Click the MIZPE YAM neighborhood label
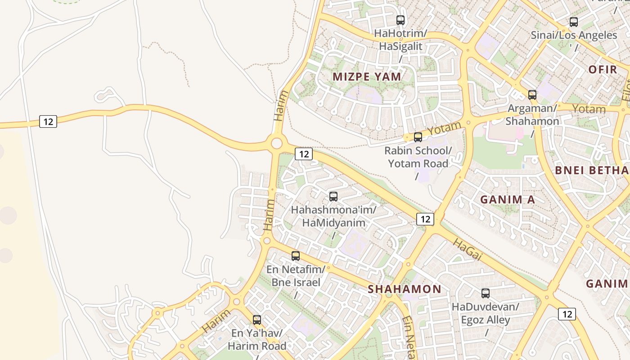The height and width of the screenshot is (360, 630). (x=367, y=76)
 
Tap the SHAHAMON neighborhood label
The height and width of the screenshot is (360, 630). (x=405, y=289)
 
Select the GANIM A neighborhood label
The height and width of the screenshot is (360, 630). (x=508, y=199)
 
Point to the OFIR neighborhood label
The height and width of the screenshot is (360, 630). (x=603, y=70)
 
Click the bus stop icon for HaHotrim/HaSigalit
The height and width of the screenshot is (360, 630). (x=400, y=20)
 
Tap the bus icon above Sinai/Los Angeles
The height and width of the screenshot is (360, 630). (x=574, y=22)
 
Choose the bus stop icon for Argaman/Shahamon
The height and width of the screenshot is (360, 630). (x=532, y=95)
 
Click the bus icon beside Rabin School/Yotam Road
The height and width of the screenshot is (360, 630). (x=418, y=137)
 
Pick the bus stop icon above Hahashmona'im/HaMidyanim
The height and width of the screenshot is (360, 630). (x=333, y=197)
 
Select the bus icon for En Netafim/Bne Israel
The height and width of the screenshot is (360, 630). (x=296, y=256)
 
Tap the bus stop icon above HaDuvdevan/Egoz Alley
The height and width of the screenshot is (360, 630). (x=486, y=293)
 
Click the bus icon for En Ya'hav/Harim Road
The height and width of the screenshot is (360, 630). (x=257, y=320)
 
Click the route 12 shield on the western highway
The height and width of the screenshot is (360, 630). (x=48, y=121)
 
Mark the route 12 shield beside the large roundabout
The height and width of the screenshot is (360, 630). (x=304, y=154)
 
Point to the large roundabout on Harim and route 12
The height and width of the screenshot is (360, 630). (x=276, y=144)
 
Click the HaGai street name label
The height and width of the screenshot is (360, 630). (x=468, y=250)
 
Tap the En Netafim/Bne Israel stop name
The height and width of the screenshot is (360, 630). (x=296, y=276)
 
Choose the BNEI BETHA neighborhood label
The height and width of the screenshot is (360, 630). (x=592, y=170)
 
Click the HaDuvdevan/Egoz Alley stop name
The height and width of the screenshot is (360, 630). (x=486, y=313)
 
